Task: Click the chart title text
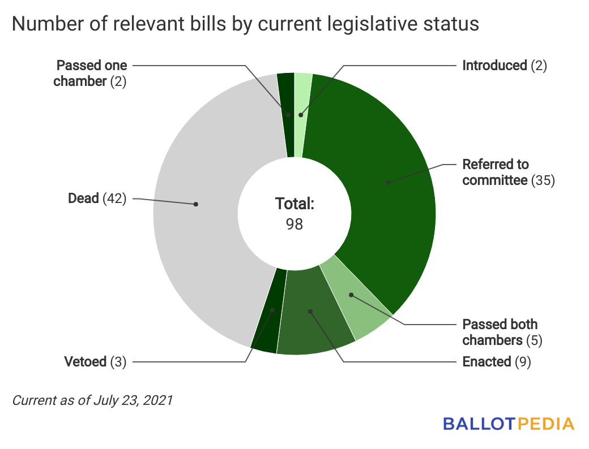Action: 245,24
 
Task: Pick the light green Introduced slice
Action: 303,96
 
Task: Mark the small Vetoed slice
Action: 266,322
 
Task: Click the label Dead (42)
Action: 97,198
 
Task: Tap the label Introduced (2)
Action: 505,66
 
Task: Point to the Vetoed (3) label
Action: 95,361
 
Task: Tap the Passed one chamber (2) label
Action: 90,73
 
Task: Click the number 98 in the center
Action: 294,224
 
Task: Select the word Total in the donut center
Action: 294,204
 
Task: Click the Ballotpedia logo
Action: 509,423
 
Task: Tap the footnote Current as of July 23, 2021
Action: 92,400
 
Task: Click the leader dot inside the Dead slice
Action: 196,204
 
